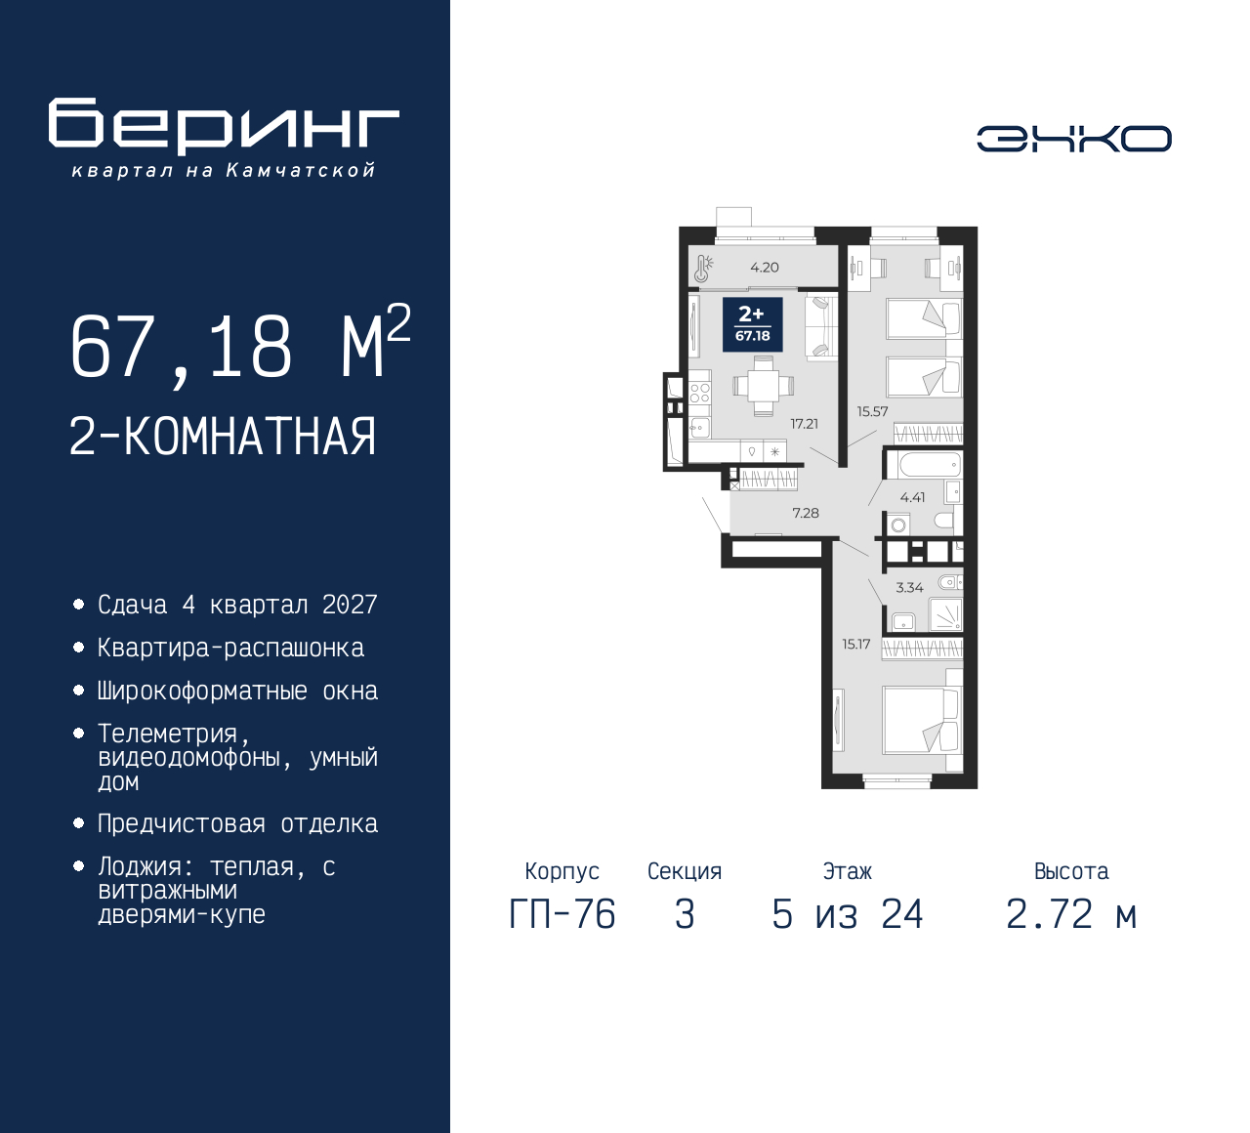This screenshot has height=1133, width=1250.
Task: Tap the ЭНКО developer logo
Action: (1073, 139)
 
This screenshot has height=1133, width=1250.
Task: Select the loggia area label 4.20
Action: (764, 268)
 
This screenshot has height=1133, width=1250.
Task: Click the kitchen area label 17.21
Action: (804, 424)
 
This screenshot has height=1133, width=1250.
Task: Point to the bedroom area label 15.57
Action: (872, 411)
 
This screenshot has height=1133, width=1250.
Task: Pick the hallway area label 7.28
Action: (805, 513)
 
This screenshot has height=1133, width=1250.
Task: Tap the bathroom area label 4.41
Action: (912, 497)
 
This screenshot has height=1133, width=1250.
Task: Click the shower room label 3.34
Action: (909, 587)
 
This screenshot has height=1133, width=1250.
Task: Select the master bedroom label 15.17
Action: (855, 645)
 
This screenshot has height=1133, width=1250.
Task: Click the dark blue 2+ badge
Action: (752, 324)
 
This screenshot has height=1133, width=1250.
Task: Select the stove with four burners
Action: (700, 393)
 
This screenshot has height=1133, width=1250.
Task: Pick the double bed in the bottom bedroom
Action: (923, 721)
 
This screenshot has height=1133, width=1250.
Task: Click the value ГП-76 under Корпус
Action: (562, 915)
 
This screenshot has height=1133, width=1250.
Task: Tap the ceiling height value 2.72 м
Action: (1071, 915)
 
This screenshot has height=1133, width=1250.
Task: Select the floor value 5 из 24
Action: (847, 915)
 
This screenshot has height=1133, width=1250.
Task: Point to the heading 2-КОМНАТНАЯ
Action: (223, 437)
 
